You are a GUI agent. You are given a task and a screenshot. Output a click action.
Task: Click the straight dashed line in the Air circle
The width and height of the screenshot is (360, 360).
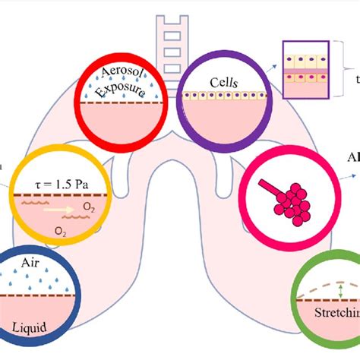point(33,295)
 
